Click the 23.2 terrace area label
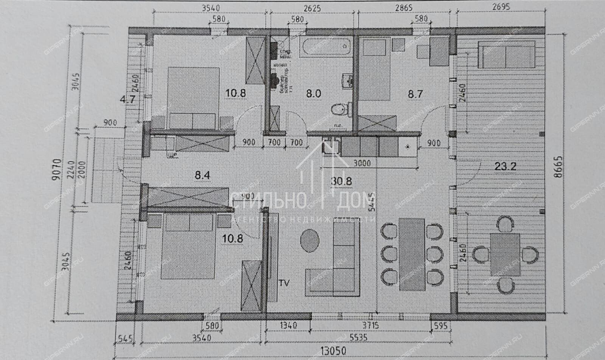tap(505, 166)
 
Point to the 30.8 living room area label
tap(341, 181)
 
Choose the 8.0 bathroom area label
tap(313, 93)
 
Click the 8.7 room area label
tap(415, 94)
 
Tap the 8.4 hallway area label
tap(202, 175)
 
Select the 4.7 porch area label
tap(127, 100)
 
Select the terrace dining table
tap(505, 254)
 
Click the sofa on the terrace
tap(507, 54)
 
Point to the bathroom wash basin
tap(347, 80)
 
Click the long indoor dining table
tap(412, 254)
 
